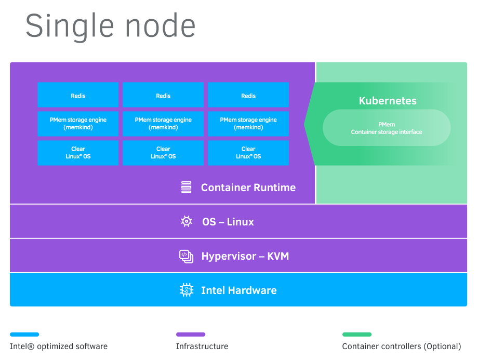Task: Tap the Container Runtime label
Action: (x=248, y=188)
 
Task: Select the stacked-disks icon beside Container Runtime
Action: (x=187, y=188)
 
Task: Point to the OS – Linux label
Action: (x=228, y=222)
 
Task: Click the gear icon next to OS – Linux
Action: (x=187, y=222)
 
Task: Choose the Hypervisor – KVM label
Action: (x=245, y=256)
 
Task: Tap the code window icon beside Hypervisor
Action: (x=186, y=256)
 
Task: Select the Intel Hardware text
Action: (x=238, y=290)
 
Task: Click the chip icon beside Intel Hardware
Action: (x=186, y=290)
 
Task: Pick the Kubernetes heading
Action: (x=388, y=101)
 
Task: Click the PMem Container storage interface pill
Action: (x=387, y=128)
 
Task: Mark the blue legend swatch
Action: (x=24, y=335)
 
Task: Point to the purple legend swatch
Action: (x=191, y=335)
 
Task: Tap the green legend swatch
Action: (x=357, y=335)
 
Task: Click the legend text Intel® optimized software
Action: (x=59, y=346)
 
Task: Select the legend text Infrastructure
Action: (x=202, y=346)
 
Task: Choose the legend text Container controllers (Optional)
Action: (x=401, y=346)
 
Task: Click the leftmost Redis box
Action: (x=78, y=95)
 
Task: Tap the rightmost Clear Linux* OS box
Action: (x=248, y=153)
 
